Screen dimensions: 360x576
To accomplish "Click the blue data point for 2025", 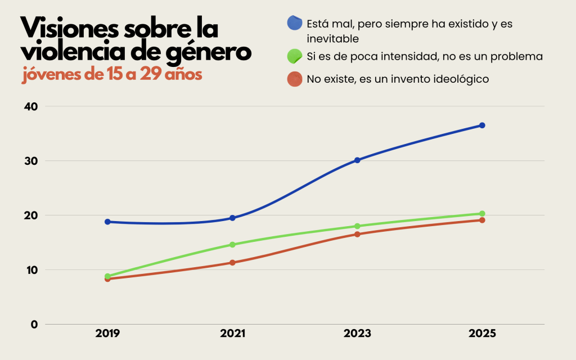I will coord(482,125).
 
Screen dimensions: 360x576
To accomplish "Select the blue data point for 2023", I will coord(357,160).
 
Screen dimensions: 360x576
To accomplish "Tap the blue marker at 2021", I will coord(232,218).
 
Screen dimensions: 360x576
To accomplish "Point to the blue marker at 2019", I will coord(107,222).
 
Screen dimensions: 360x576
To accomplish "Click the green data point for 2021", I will coord(232,245).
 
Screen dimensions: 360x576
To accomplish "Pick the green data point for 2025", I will coord(482,214).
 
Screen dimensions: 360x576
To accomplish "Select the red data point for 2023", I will coord(357,234).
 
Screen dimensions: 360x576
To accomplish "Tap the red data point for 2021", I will coord(232,263).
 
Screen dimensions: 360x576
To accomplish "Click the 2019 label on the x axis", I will coord(107,334).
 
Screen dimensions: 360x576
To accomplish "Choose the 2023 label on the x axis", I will coord(357,334).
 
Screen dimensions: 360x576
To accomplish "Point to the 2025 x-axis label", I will coord(482,334).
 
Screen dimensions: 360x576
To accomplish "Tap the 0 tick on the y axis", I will coord(34,325).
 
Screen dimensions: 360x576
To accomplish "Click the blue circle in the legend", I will coord(295,23).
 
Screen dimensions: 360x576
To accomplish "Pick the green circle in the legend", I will coord(295,56).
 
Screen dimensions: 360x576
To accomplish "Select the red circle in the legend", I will coord(295,79).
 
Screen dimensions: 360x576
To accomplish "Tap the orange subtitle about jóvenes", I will coord(112,75).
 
